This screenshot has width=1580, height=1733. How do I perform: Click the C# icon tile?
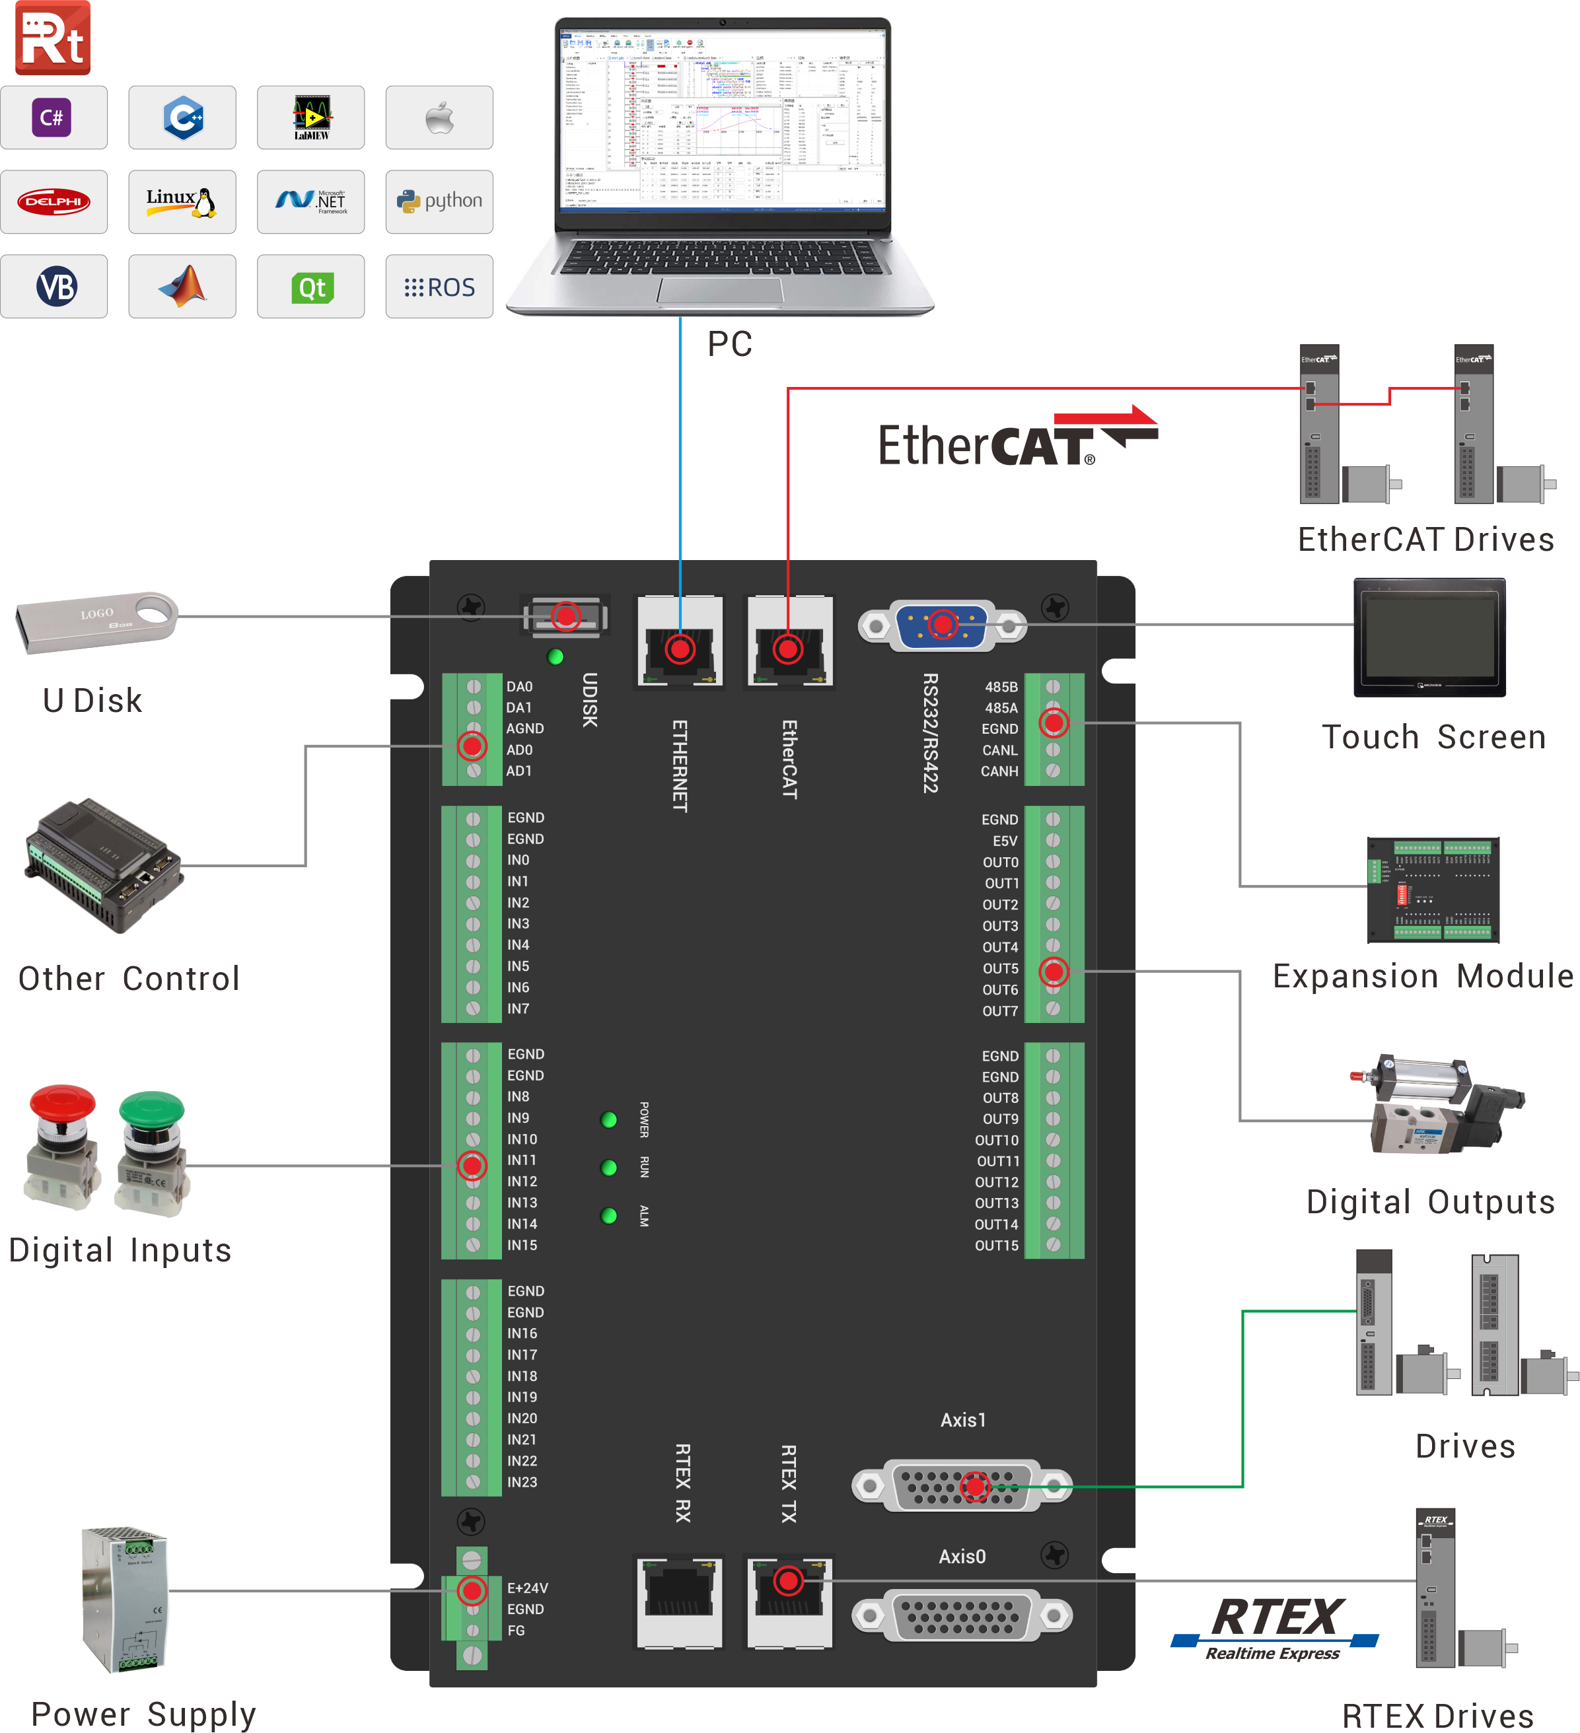pyautogui.click(x=54, y=118)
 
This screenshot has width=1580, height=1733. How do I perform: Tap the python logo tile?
pyautogui.click(x=439, y=201)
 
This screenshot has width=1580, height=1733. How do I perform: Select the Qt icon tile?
pyautogui.click(x=310, y=287)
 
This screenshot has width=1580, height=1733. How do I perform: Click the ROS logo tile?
pyautogui.click(x=439, y=287)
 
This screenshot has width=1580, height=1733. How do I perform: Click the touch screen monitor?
pyautogui.click(x=1429, y=637)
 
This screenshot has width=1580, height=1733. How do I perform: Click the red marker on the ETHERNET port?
pyautogui.click(x=680, y=649)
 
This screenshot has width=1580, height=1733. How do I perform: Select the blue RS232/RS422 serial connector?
pyautogui.click(x=942, y=625)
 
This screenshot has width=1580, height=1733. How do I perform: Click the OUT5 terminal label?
pyautogui.click(x=1001, y=969)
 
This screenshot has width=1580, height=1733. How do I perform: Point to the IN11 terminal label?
pyautogui.click(x=522, y=1160)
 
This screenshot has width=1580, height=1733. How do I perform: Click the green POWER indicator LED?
pyautogui.click(x=608, y=1119)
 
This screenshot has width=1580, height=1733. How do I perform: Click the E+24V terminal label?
pyautogui.click(x=527, y=1588)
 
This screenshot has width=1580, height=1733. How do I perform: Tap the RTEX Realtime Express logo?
pyautogui.click(x=1275, y=1627)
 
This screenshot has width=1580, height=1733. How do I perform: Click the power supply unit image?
pyautogui.click(x=125, y=1599)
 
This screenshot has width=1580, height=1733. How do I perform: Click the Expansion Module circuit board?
pyautogui.click(x=1433, y=890)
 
